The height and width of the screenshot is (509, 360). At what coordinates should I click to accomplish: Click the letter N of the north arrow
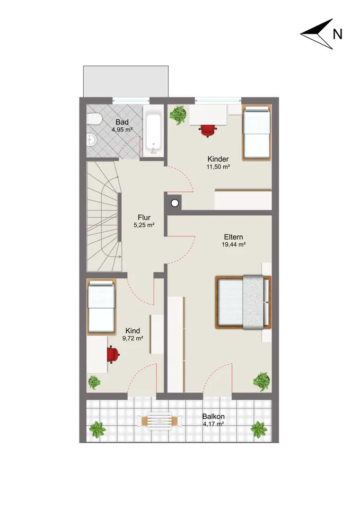[338, 34]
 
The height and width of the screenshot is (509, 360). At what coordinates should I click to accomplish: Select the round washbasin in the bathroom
[91, 139]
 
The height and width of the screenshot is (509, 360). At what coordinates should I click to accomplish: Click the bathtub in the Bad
[154, 134]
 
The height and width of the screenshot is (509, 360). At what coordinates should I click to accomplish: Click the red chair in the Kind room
[112, 355]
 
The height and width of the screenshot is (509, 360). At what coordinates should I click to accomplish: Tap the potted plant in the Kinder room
[178, 115]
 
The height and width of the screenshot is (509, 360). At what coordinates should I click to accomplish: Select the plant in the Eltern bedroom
[261, 381]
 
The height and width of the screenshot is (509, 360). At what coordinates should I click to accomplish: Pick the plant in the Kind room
[94, 382]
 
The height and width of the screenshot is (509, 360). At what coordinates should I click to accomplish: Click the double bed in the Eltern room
[243, 302]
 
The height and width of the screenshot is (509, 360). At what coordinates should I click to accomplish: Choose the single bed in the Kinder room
[257, 133]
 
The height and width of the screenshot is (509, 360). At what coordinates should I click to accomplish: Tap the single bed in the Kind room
[102, 307]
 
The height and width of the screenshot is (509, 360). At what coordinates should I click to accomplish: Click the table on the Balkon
[160, 421]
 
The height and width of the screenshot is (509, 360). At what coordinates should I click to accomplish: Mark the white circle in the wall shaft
[175, 204]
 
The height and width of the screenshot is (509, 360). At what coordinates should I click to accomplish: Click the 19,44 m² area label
[233, 245]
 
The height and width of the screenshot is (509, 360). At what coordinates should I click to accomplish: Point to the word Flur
[144, 217]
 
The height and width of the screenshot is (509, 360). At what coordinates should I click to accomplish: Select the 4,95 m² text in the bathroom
[122, 129]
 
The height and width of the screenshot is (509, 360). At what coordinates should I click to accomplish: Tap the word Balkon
[213, 417]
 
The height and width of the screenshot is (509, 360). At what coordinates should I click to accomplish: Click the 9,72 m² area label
[133, 338]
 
